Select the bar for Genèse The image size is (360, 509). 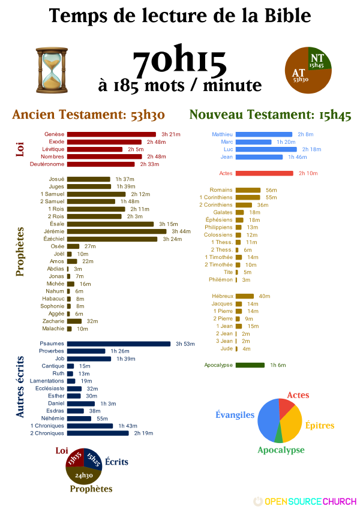(x=111, y=134)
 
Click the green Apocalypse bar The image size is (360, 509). (x=250, y=365)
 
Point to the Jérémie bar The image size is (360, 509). (x=116, y=231)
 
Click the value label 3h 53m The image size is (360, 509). (x=185, y=344)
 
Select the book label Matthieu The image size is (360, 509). (x=222, y=134)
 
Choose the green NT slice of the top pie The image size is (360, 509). (x=316, y=60)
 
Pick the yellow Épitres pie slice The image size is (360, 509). (x=291, y=427)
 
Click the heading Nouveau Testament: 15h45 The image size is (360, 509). (x=270, y=116)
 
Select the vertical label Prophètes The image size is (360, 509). (x=20, y=251)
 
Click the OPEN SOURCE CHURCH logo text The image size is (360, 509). (x=310, y=501)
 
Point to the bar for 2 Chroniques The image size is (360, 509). (x=98, y=433)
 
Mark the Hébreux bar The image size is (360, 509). (x=245, y=296)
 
